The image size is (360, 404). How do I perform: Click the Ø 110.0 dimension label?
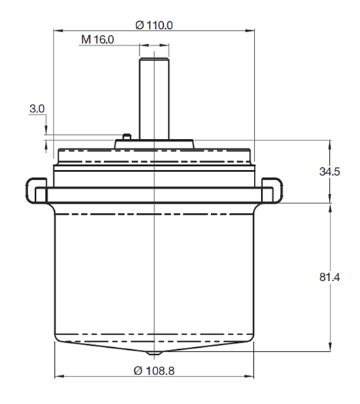153,25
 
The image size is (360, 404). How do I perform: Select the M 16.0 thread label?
97,40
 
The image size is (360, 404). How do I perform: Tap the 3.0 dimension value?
37,109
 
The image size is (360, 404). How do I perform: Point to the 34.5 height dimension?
328,172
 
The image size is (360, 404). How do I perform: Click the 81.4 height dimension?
328,278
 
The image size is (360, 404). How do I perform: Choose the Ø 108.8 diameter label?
153,370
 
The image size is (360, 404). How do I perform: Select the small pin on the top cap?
124,134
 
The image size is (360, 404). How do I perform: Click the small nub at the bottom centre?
153,351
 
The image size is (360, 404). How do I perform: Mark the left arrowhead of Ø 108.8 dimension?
57,376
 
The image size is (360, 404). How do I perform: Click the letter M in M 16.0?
85,40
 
